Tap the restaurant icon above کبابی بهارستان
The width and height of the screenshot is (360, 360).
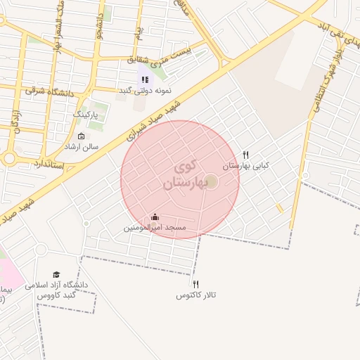(x=245, y=155)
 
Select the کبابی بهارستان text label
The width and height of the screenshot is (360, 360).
(x=245, y=167)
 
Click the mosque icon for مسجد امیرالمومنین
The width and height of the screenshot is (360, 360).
(x=155, y=217)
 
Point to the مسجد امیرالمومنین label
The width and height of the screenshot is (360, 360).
(x=155, y=228)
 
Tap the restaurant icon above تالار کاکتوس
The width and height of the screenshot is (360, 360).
(x=195, y=284)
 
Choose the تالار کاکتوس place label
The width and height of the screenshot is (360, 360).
(x=195, y=296)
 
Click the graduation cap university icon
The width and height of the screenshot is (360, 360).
(x=56, y=274)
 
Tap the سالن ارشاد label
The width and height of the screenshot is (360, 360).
(x=82, y=147)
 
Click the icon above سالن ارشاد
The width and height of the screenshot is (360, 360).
(x=82, y=136)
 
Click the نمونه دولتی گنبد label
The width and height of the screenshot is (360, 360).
(x=144, y=91)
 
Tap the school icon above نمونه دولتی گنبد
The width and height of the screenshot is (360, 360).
(x=144, y=79)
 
